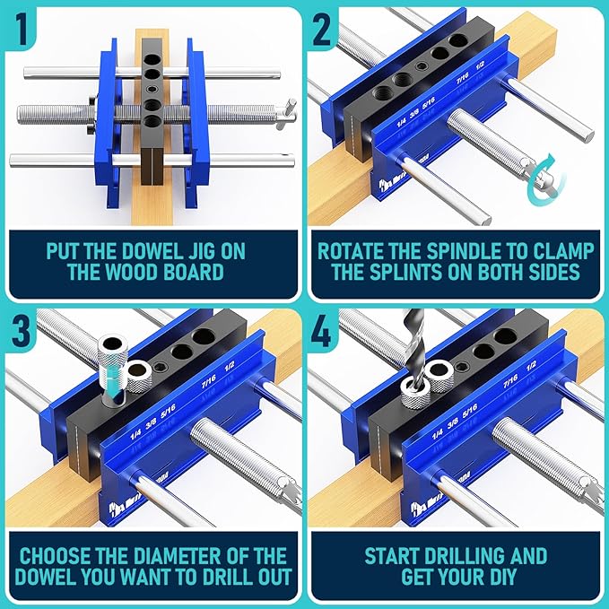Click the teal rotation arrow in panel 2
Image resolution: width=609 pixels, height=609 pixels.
pos(544,179)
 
